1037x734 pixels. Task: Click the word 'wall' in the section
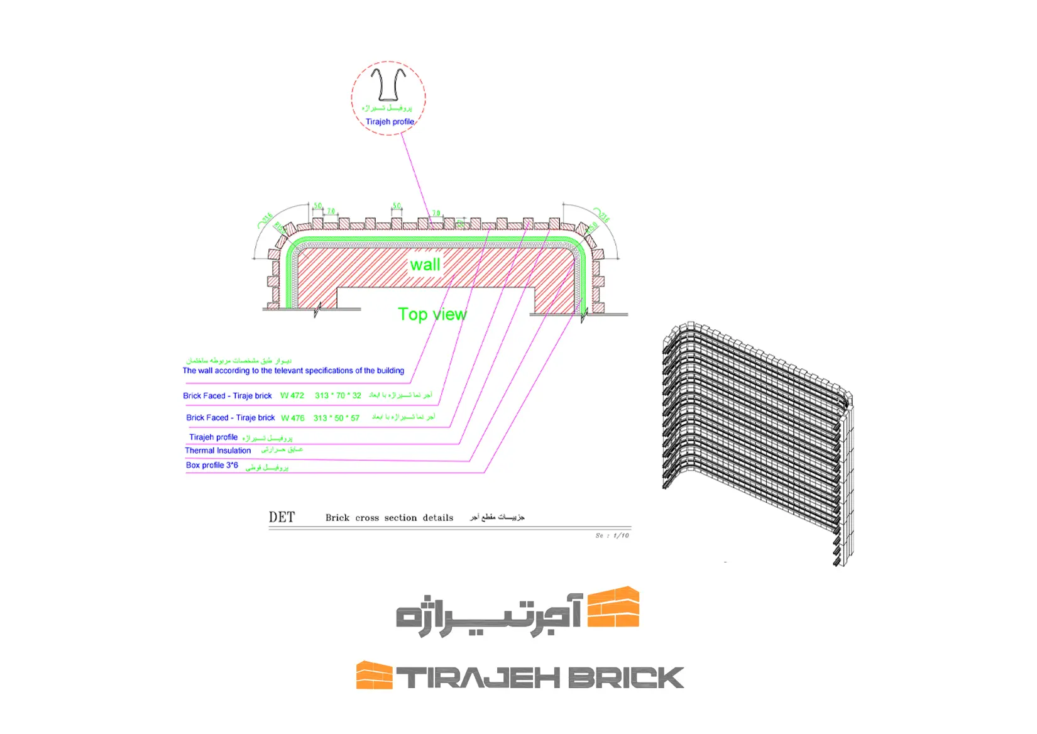coord(425,265)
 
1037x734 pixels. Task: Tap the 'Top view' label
coord(432,314)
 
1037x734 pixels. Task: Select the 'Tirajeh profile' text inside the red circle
coord(390,122)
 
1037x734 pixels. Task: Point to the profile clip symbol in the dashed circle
coord(388,84)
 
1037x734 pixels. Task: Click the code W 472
coord(292,396)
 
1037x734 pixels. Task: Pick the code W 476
coord(293,418)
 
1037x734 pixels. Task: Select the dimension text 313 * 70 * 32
coord(338,396)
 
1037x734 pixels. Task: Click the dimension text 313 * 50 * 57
coord(336,418)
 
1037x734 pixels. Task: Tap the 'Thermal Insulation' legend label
coord(218,451)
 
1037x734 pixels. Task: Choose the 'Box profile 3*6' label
coord(212,466)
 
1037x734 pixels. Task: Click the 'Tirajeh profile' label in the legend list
coord(214,437)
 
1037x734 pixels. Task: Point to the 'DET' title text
coord(282,517)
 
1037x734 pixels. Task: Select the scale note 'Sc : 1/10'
coord(612,535)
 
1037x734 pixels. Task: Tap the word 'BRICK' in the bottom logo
coord(629,678)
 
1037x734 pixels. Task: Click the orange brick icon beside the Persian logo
coord(613,607)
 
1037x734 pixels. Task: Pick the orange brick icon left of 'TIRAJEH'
coord(374,676)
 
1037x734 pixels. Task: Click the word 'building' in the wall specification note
coord(390,371)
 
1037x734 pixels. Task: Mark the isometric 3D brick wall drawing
coord(757,440)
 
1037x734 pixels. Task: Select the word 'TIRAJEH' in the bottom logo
coord(478,678)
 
